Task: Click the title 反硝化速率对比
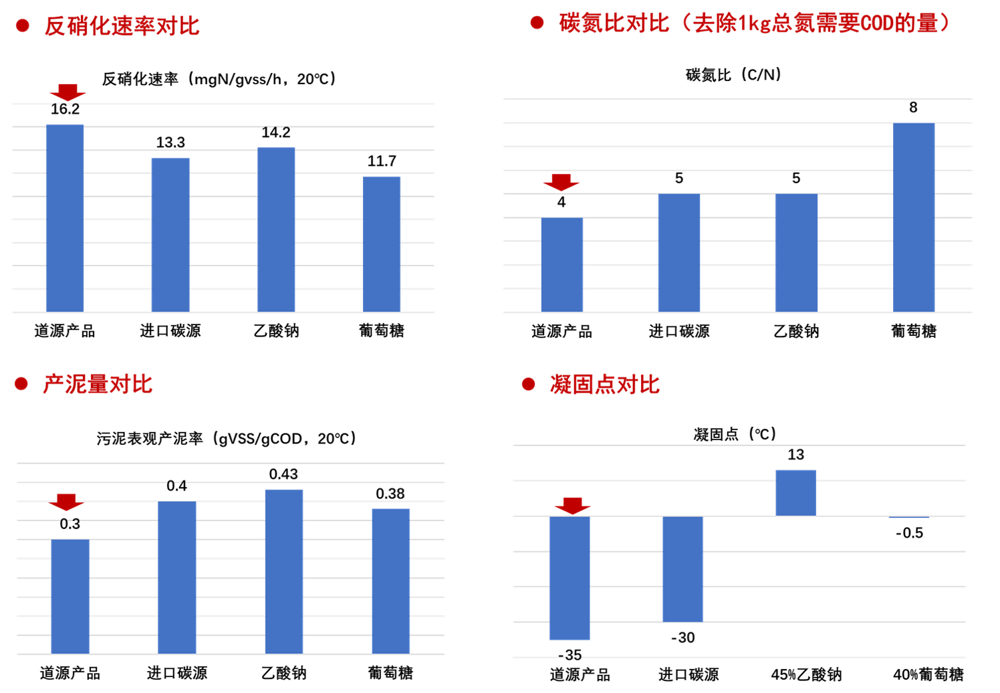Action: pyautogui.click(x=122, y=26)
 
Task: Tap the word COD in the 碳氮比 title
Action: pyautogui.click(x=876, y=23)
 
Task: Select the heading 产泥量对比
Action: pyautogui.click(x=98, y=385)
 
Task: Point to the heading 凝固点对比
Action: pyautogui.click(x=604, y=385)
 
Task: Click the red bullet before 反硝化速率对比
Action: pyautogui.click(x=23, y=26)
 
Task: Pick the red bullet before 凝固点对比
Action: pyautogui.click(x=529, y=385)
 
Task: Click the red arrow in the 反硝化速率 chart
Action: pyautogui.click(x=68, y=92)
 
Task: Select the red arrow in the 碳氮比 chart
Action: pyautogui.click(x=561, y=181)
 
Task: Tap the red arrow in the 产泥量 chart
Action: pyautogui.click(x=66, y=502)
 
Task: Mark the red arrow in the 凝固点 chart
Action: pyautogui.click(x=573, y=505)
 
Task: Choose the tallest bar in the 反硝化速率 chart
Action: pyautogui.click(x=65, y=217)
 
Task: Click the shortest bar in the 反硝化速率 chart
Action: pyautogui.click(x=382, y=244)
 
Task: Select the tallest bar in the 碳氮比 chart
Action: pyautogui.click(x=914, y=217)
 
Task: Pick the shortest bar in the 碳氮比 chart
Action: pyautogui.click(x=561, y=265)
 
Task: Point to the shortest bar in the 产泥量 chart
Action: pyautogui.click(x=70, y=596)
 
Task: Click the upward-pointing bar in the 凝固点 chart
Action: pyautogui.click(x=795, y=493)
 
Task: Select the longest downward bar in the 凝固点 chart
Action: pyautogui.click(x=570, y=578)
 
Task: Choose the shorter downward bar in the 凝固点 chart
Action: pyautogui.click(x=682, y=569)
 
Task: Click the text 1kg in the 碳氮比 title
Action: pyautogui.click(x=754, y=23)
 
